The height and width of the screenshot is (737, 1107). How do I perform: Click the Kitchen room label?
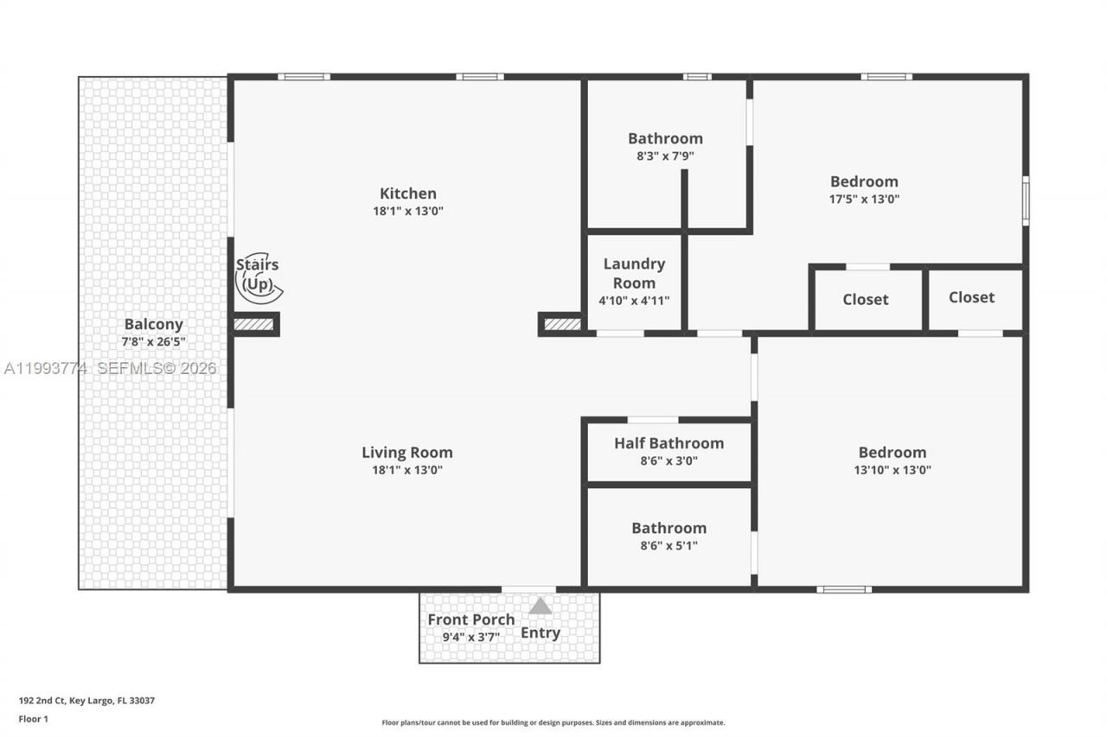point(407,194)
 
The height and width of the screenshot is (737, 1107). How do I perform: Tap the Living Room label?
point(406,453)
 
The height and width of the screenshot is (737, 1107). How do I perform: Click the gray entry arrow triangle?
point(541,607)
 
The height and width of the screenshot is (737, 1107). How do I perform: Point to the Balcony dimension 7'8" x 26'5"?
point(153,342)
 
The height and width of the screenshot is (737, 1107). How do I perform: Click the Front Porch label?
point(470,619)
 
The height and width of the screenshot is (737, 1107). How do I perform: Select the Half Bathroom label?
point(669,443)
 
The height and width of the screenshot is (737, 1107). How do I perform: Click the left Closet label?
point(865,300)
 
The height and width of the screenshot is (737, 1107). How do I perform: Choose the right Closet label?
point(971,297)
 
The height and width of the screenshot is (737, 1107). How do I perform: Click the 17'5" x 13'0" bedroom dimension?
point(864,199)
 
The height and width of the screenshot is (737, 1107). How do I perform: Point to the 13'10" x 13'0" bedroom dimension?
point(892,470)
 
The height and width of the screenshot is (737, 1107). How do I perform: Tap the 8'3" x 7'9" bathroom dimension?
point(665,156)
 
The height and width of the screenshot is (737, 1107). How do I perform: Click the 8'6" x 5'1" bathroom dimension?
point(669,545)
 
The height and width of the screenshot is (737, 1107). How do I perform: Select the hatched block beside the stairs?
point(255,325)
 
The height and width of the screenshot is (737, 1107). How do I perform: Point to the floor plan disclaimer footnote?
point(553,722)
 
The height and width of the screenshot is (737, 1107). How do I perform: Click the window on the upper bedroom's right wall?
point(1026,201)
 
